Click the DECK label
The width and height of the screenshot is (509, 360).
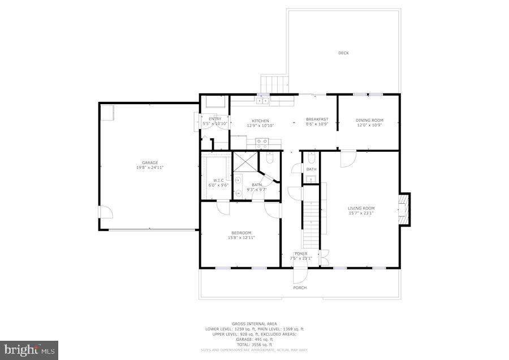343,53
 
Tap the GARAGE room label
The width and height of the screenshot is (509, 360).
150,162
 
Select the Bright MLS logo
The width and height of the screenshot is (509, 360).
29,350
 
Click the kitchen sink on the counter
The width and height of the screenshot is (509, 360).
262,101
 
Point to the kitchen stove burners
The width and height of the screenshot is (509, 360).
262,142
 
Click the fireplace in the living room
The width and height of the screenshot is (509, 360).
404,208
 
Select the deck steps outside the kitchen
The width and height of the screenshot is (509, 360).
275,84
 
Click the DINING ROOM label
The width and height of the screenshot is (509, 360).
369,120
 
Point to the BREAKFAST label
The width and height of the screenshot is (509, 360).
317,119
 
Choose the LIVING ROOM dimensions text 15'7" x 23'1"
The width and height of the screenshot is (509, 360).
361,213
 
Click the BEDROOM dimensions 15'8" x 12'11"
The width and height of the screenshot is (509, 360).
241,238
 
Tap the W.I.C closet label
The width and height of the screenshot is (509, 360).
218,180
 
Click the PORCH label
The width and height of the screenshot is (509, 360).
300,288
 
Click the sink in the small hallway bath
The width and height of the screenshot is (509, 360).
310,179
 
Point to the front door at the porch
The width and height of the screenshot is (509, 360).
299,274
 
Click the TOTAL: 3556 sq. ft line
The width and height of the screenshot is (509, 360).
254,344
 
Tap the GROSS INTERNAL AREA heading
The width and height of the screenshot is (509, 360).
254,324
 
